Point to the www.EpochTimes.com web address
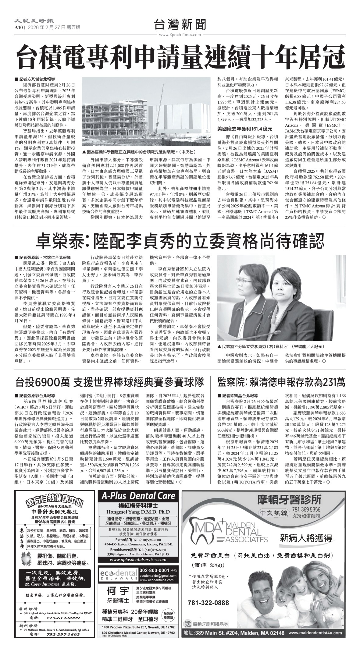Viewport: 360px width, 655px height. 180,35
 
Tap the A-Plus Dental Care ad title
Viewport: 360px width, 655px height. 138,496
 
